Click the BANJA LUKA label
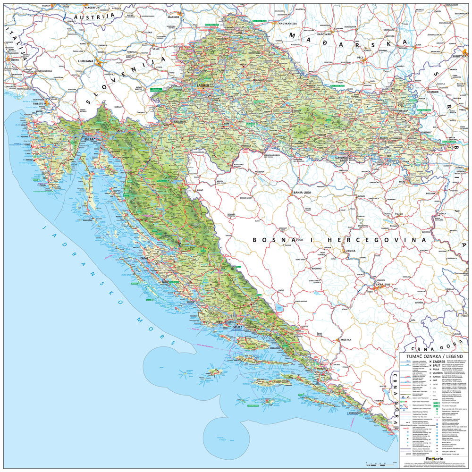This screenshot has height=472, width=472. [304, 193]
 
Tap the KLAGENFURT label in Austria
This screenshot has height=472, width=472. [94, 8]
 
